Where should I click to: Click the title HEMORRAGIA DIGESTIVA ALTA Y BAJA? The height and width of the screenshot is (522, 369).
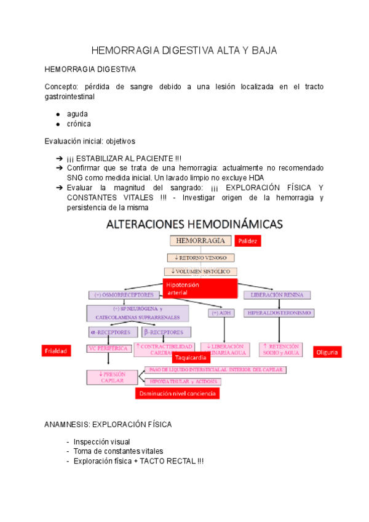point(184,50)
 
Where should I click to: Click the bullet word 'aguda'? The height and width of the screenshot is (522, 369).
point(77,114)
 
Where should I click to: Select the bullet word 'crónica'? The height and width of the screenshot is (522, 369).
point(79,124)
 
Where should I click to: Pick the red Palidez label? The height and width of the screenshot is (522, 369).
point(248,241)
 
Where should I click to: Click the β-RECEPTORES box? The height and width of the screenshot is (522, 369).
point(163,332)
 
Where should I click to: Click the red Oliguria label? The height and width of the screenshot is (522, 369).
point(327,352)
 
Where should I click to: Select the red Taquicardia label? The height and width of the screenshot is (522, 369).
point(190,358)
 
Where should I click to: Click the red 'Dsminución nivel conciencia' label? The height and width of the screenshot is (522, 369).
point(177,393)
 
